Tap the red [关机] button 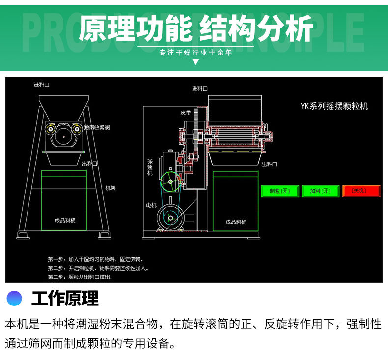click(x=361, y=191)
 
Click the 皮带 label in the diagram click(x=186, y=112)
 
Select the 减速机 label click(x=150, y=167)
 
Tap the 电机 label click(x=151, y=205)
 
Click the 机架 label click(x=111, y=188)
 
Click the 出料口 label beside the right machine click(x=269, y=165)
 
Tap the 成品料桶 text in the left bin click(x=65, y=221)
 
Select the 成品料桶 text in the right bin click(x=236, y=222)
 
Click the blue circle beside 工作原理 click(x=15, y=298)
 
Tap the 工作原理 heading click(x=65, y=298)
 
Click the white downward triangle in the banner click(x=195, y=62)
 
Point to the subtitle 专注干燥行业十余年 click(x=195, y=52)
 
